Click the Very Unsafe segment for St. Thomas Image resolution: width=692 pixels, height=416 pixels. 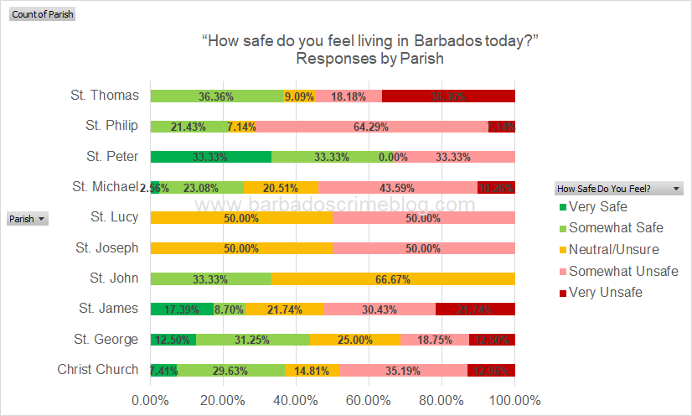coord(448,96)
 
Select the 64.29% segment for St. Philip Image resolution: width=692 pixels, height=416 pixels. coord(358,127)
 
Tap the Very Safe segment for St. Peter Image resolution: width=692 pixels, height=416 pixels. coord(211,157)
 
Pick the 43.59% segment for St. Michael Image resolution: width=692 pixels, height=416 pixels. coord(397,187)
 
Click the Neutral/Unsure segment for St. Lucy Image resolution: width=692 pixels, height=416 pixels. coord(241,217)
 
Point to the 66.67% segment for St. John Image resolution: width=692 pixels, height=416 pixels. coord(393,278)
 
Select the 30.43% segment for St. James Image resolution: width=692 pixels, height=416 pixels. coord(380,309)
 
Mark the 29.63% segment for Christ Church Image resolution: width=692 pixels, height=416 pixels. coord(231,370)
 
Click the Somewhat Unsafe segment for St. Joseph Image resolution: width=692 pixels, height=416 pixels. coord(424,248)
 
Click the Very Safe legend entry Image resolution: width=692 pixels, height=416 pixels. coord(597,206)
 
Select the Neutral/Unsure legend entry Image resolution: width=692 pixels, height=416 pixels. coord(613,250)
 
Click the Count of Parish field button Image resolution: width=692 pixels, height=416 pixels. coord(42,14)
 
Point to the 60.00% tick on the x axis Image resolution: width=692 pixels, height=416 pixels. coord(369,400)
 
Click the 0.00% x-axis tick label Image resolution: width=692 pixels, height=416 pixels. coord(150,400)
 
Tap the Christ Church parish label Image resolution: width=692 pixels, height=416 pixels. coord(98,370)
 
